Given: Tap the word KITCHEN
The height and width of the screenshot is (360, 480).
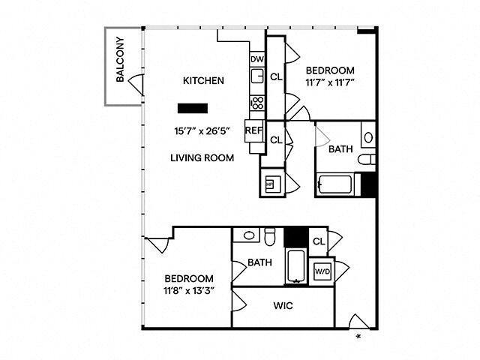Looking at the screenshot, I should pyautogui.click(x=204, y=80).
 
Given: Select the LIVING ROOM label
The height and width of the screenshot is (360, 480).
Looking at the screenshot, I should pyautogui.click(x=202, y=157).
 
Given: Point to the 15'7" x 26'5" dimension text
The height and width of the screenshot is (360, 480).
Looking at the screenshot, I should pyautogui.click(x=201, y=130).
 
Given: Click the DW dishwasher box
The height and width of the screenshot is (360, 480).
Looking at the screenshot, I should pyautogui.click(x=256, y=59).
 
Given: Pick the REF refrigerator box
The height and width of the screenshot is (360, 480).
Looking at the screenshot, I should pyautogui.click(x=253, y=128).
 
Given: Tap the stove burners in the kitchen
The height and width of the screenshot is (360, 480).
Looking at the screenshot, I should pyautogui.click(x=256, y=103).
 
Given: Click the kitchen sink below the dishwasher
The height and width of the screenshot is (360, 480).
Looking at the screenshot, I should pyautogui.click(x=256, y=75).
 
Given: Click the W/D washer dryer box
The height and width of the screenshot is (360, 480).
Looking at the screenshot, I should pyautogui.click(x=322, y=271).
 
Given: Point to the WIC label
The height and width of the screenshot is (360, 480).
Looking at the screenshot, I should pyautogui.click(x=283, y=306).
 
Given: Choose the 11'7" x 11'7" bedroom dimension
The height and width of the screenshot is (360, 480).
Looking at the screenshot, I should pyautogui.click(x=330, y=83).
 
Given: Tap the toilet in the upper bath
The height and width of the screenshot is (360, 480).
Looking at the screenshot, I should pyautogui.click(x=365, y=160).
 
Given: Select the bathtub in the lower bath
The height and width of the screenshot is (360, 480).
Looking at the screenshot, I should pyautogui.click(x=295, y=267).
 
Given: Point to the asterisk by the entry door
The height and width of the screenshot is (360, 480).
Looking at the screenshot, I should pyautogui.click(x=359, y=336).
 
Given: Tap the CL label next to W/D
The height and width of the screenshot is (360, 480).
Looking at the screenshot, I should pyautogui.click(x=317, y=241).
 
